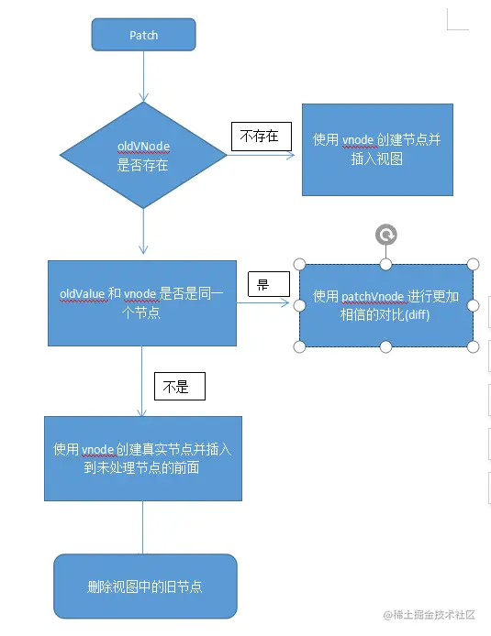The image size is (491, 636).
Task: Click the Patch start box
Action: [x=143, y=35]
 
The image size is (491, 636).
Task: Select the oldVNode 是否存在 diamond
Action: [x=143, y=155]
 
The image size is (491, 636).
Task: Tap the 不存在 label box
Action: [x=261, y=137]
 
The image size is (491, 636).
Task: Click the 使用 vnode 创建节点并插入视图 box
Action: [x=377, y=148]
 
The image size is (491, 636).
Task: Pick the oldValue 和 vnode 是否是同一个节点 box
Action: [x=141, y=302]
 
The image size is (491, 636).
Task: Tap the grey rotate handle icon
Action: [x=386, y=235]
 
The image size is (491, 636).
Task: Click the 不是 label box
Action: [x=180, y=386]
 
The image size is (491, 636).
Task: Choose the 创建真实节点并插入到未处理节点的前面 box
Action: [x=143, y=458]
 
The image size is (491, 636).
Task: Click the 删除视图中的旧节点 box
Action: [x=145, y=586]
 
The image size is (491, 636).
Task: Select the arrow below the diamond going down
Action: [x=143, y=229]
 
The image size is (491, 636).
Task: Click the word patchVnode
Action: [x=371, y=297]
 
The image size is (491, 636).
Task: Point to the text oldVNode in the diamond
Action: [x=143, y=147]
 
